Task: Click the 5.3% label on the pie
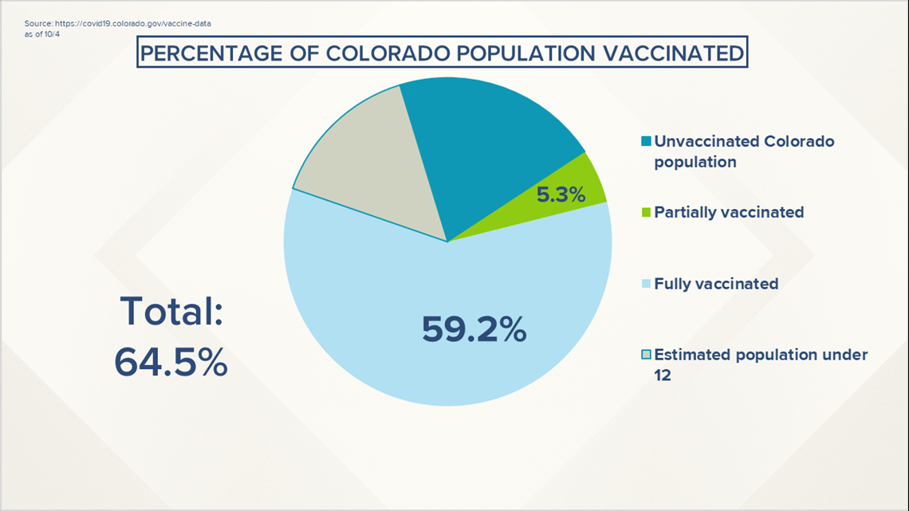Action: tap(561, 193)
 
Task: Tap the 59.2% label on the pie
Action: tap(474, 328)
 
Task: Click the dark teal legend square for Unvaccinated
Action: tap(646, 142)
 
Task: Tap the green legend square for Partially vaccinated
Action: tap(646, 213)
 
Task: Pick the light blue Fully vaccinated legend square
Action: tap(646, 284)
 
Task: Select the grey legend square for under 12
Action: tap(646, 355)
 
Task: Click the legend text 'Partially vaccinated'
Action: tap(729, 213)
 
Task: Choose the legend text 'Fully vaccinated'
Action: tap(716, 284)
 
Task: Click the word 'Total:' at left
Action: tap(171, 311)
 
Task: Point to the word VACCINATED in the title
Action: tap(669, 54)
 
